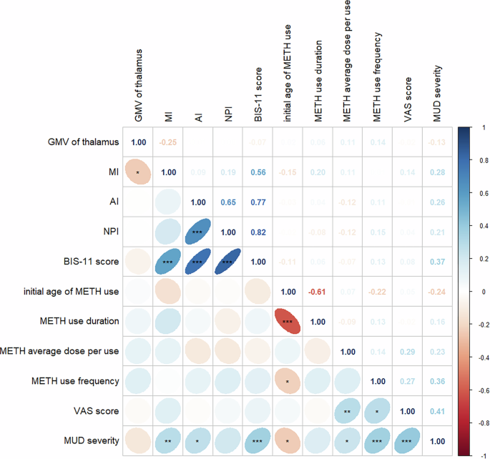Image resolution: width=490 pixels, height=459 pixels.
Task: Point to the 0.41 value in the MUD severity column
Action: pyautogui.click(x=437, y=412)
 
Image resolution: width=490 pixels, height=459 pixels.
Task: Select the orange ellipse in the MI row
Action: pyautogui.click(x=137, y=172)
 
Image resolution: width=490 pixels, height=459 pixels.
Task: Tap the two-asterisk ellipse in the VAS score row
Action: pyautogui.click(x=347, y=412)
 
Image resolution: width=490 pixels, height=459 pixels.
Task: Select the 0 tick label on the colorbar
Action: pyautogui.click(x=475, y=292)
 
